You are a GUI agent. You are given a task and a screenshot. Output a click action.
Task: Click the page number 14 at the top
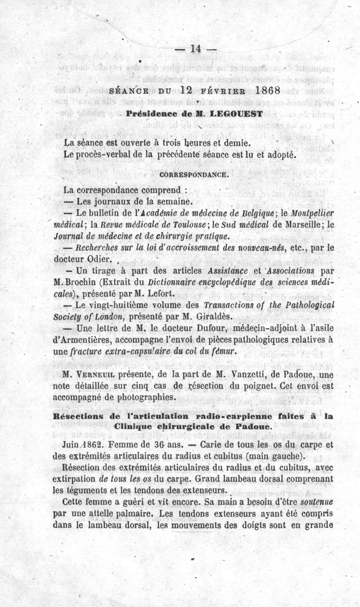pyautogui.click(x=195, y=49)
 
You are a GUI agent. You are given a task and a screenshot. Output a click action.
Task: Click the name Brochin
pyautogui.click(x=81, y=283)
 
